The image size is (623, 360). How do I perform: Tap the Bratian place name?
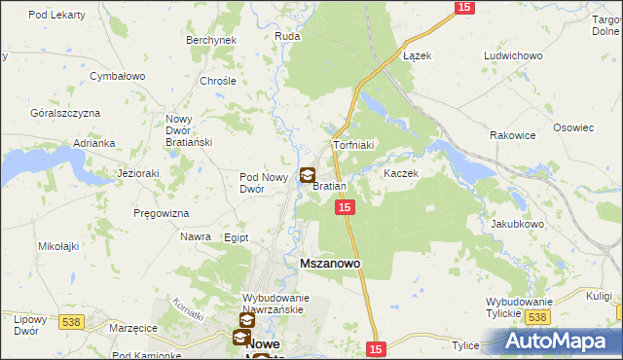tap(329, 186)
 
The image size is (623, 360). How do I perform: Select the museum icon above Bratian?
tap(308, 176)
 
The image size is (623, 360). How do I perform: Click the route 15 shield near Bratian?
tap(345, 208)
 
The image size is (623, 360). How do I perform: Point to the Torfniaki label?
tap(354, 145)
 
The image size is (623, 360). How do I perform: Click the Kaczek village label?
tap(400, 173)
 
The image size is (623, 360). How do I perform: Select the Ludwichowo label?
tap(512, 55)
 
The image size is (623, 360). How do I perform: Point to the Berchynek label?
tap(211, 40)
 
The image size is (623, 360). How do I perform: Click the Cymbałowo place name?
tap(117, 75)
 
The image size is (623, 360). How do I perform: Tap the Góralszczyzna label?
tap(65, 113)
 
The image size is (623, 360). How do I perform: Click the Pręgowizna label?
tap(163, 212)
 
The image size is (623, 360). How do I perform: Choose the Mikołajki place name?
tap(60, 247)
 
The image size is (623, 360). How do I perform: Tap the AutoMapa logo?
tap(562, 342)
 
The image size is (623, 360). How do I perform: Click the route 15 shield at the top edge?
tap(463, 8)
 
